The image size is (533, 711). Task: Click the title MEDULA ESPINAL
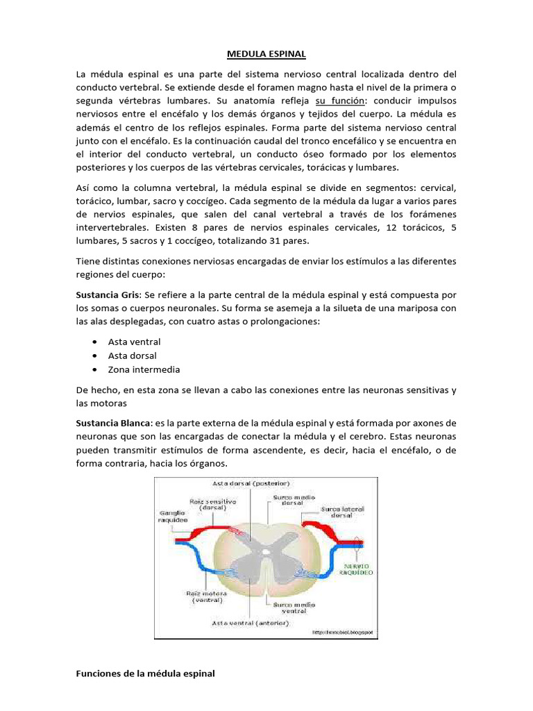pos(266,53)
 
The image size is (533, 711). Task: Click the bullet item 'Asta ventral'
pos(134,342)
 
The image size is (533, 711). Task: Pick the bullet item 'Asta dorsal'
pos(132,355)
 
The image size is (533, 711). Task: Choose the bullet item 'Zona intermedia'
pos(144,369)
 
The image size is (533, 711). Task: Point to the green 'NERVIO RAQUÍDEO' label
pos(355,570)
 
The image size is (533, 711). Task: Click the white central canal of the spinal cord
pos(266,552)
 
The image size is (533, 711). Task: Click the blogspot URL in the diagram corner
pos(342,632)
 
